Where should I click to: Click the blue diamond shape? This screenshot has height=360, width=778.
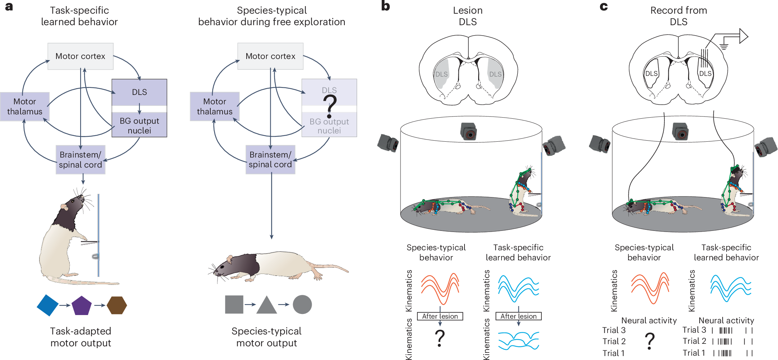[47, 305]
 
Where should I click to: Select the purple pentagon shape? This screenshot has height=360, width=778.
[82, 306]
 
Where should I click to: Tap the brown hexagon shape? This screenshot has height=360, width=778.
[117, 305]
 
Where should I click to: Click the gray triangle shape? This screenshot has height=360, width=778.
[266, 305]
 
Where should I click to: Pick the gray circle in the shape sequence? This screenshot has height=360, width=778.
[302, 305]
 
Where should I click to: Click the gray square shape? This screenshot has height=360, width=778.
[234, 305]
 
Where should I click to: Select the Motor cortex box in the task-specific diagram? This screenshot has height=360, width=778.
[81, 56]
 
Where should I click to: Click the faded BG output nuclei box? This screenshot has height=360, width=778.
[329, 126]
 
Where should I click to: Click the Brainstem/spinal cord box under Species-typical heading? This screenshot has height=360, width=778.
[270, 160]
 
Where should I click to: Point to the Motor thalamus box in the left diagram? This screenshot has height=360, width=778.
[25, 106]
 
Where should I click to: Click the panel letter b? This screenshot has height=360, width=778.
[385, 6]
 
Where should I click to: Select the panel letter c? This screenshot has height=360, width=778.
[604, 6]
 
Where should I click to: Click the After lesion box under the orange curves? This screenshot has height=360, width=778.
[440, 316]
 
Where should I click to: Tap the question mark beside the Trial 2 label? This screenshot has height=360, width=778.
[649, 341]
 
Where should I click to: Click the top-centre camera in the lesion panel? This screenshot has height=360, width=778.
[468, 131]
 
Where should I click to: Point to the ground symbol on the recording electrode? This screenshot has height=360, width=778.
[724, 46]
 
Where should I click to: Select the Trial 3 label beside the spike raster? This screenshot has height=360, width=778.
[694, 330]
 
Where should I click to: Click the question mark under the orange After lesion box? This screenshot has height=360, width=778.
[440, 338]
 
